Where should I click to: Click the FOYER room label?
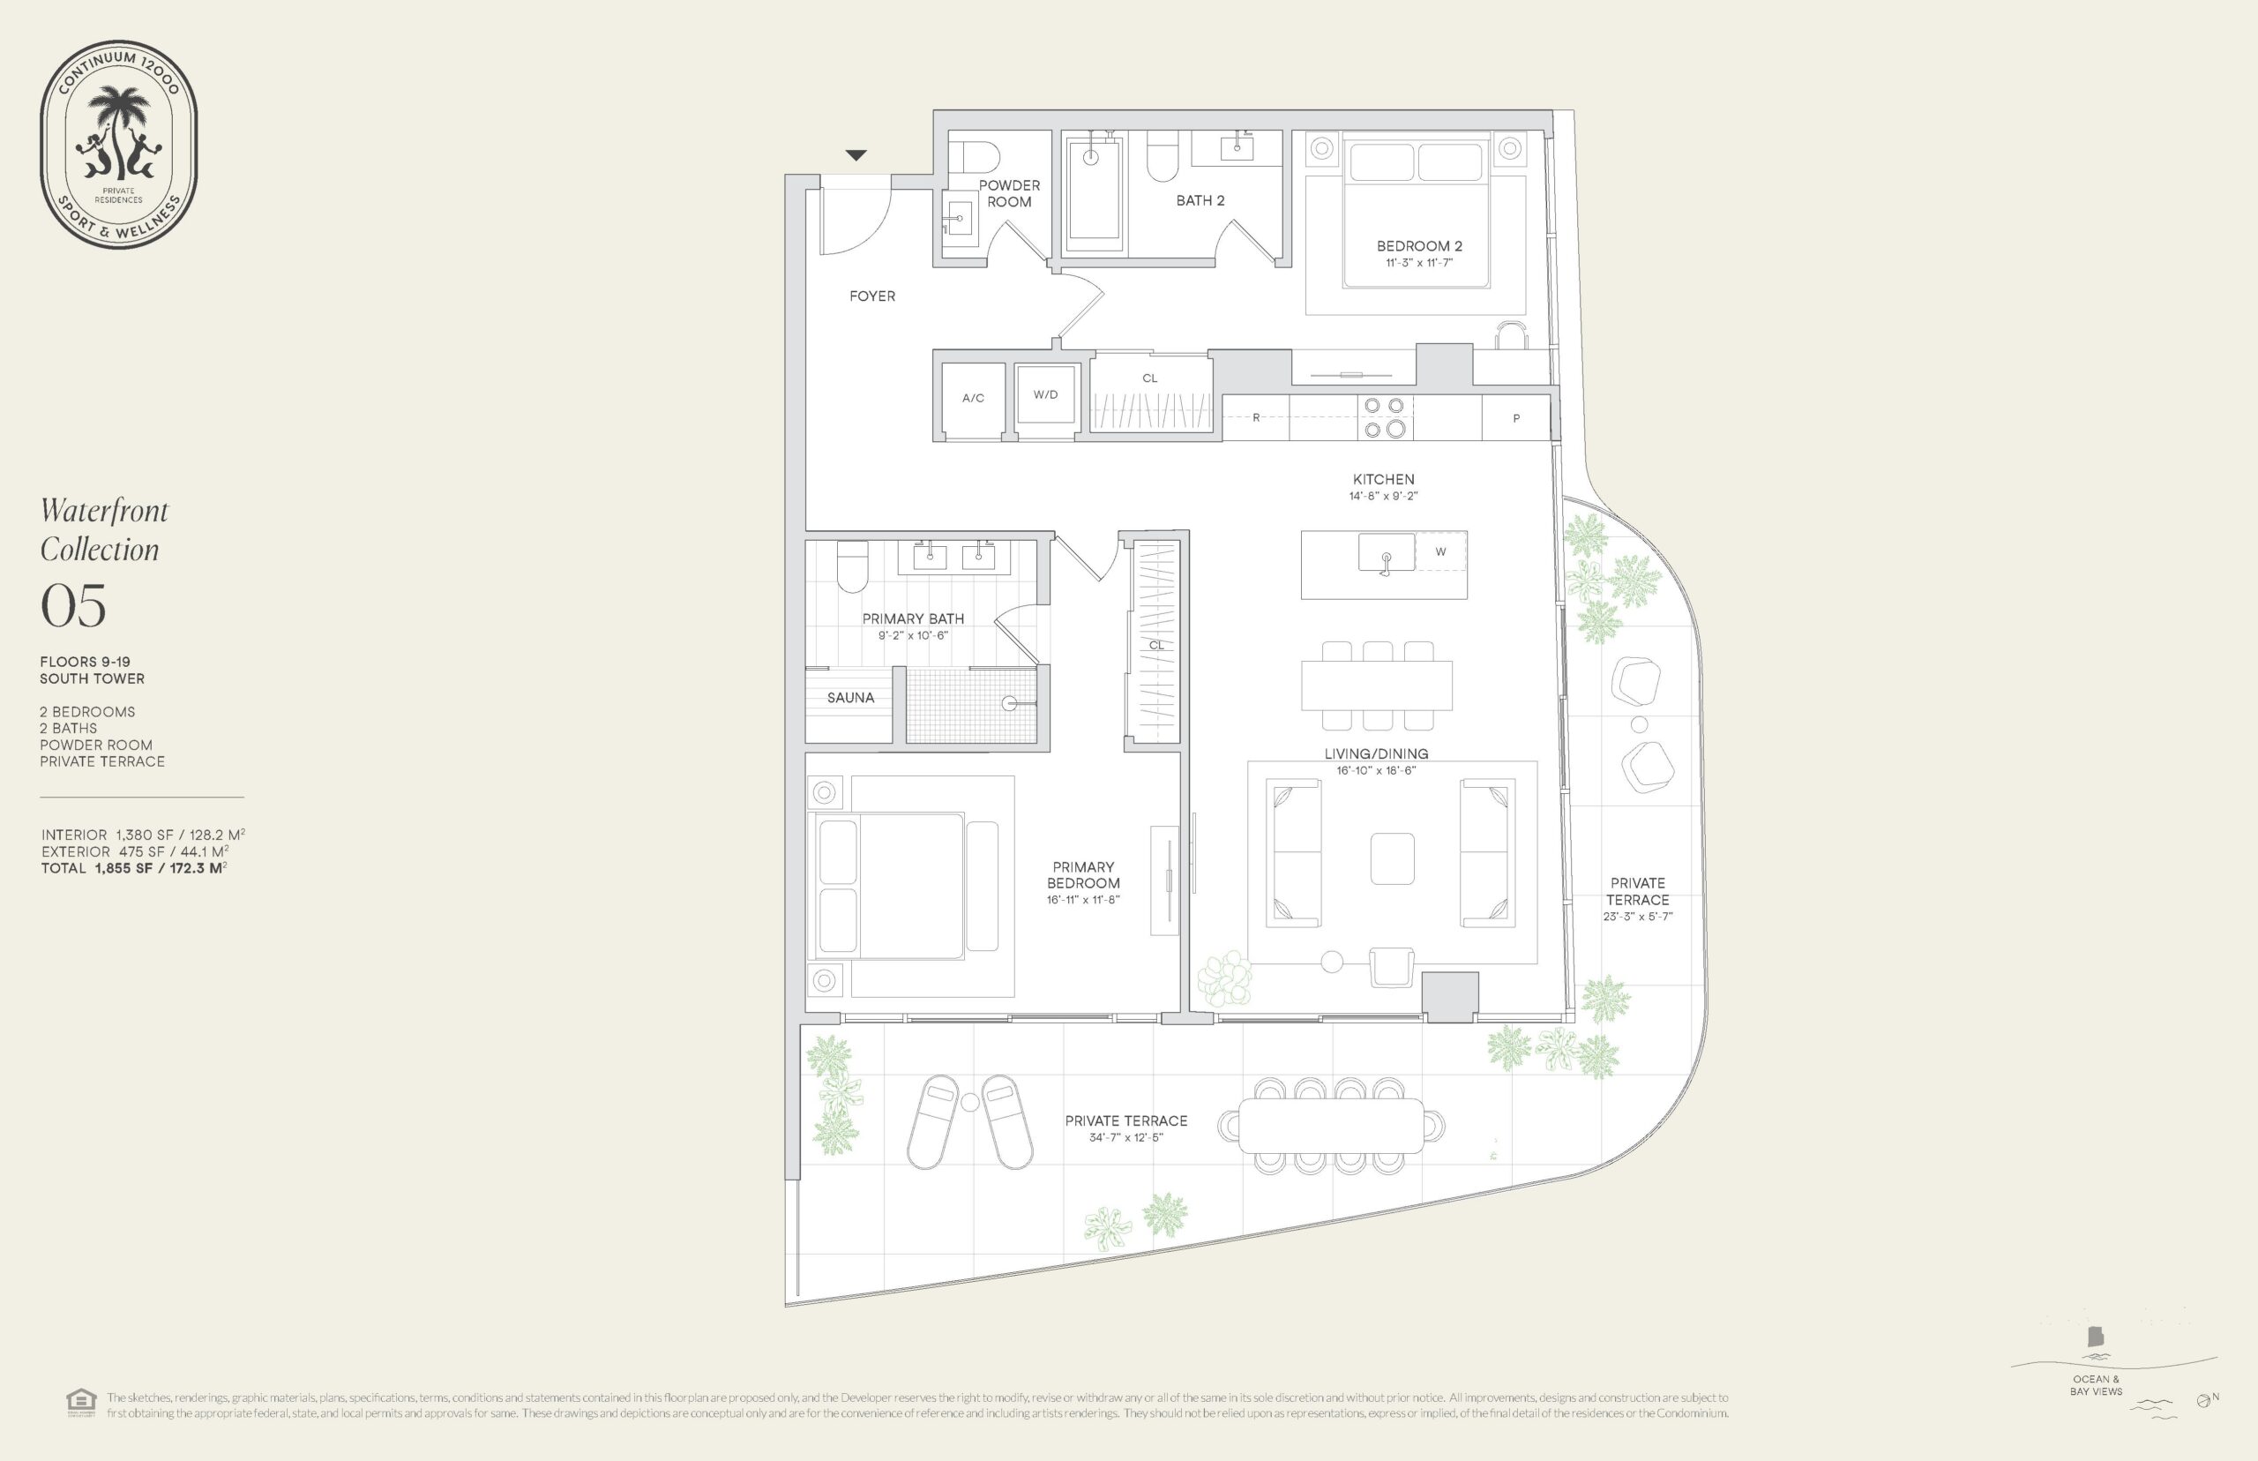(871, 296)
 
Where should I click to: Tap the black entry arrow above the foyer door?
(856, 154)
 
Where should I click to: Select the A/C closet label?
(973, 399)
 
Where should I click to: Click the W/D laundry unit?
(1046, 394)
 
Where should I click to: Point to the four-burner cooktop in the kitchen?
(1384, 417)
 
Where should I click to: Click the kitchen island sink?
(1386, 553)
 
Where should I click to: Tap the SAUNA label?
(849, 697)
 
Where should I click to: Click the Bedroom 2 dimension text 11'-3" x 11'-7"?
(1418, 263)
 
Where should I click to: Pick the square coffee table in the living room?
(1392, 858)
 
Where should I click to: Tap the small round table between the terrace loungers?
(969, 1103)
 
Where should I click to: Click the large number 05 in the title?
(73, 605)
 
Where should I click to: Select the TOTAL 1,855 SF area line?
(134, 868)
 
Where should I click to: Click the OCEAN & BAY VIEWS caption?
(2096, 1385)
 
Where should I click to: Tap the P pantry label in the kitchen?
(1516, 418)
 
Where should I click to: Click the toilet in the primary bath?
(853, 566)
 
